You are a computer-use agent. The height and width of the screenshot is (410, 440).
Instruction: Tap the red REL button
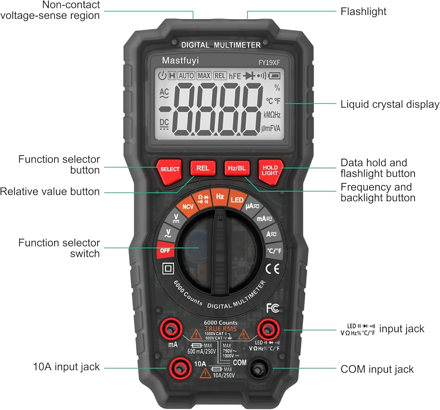pos(203,168)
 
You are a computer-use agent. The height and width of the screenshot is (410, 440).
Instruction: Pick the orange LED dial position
pos(237,200)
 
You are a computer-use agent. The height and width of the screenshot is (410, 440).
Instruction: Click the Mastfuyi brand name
pos(180,60)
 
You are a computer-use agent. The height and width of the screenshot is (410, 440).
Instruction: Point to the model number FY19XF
pos(268,62)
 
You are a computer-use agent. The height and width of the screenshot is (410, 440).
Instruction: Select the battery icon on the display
pos(274,76)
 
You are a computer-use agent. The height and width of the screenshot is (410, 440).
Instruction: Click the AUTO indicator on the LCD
pos(186,76)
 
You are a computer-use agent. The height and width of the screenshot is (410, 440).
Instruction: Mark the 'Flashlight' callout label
pos(363,11)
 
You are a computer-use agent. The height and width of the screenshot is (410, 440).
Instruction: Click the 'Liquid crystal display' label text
pos(390,104)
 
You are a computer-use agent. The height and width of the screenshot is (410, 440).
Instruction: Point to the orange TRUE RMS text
pos(220,329)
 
